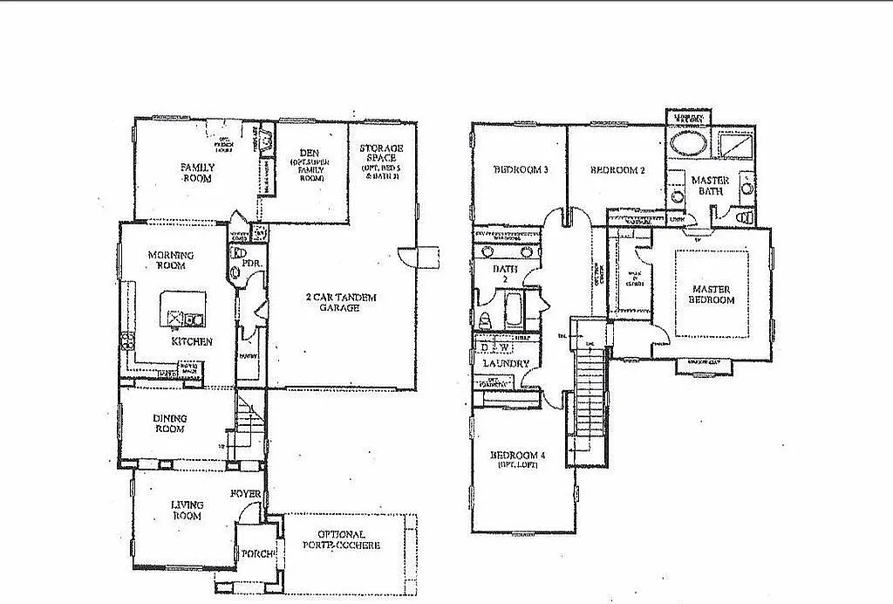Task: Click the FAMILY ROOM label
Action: (198, 172)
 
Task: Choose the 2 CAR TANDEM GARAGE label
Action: (341, 302)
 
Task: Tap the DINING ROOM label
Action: (171, 423)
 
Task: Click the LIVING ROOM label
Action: (187, 510)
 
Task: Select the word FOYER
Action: (246, 494)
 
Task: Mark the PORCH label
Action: (259, 554)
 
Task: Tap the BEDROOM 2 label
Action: (617, 170)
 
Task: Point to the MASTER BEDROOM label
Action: (712, 294)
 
